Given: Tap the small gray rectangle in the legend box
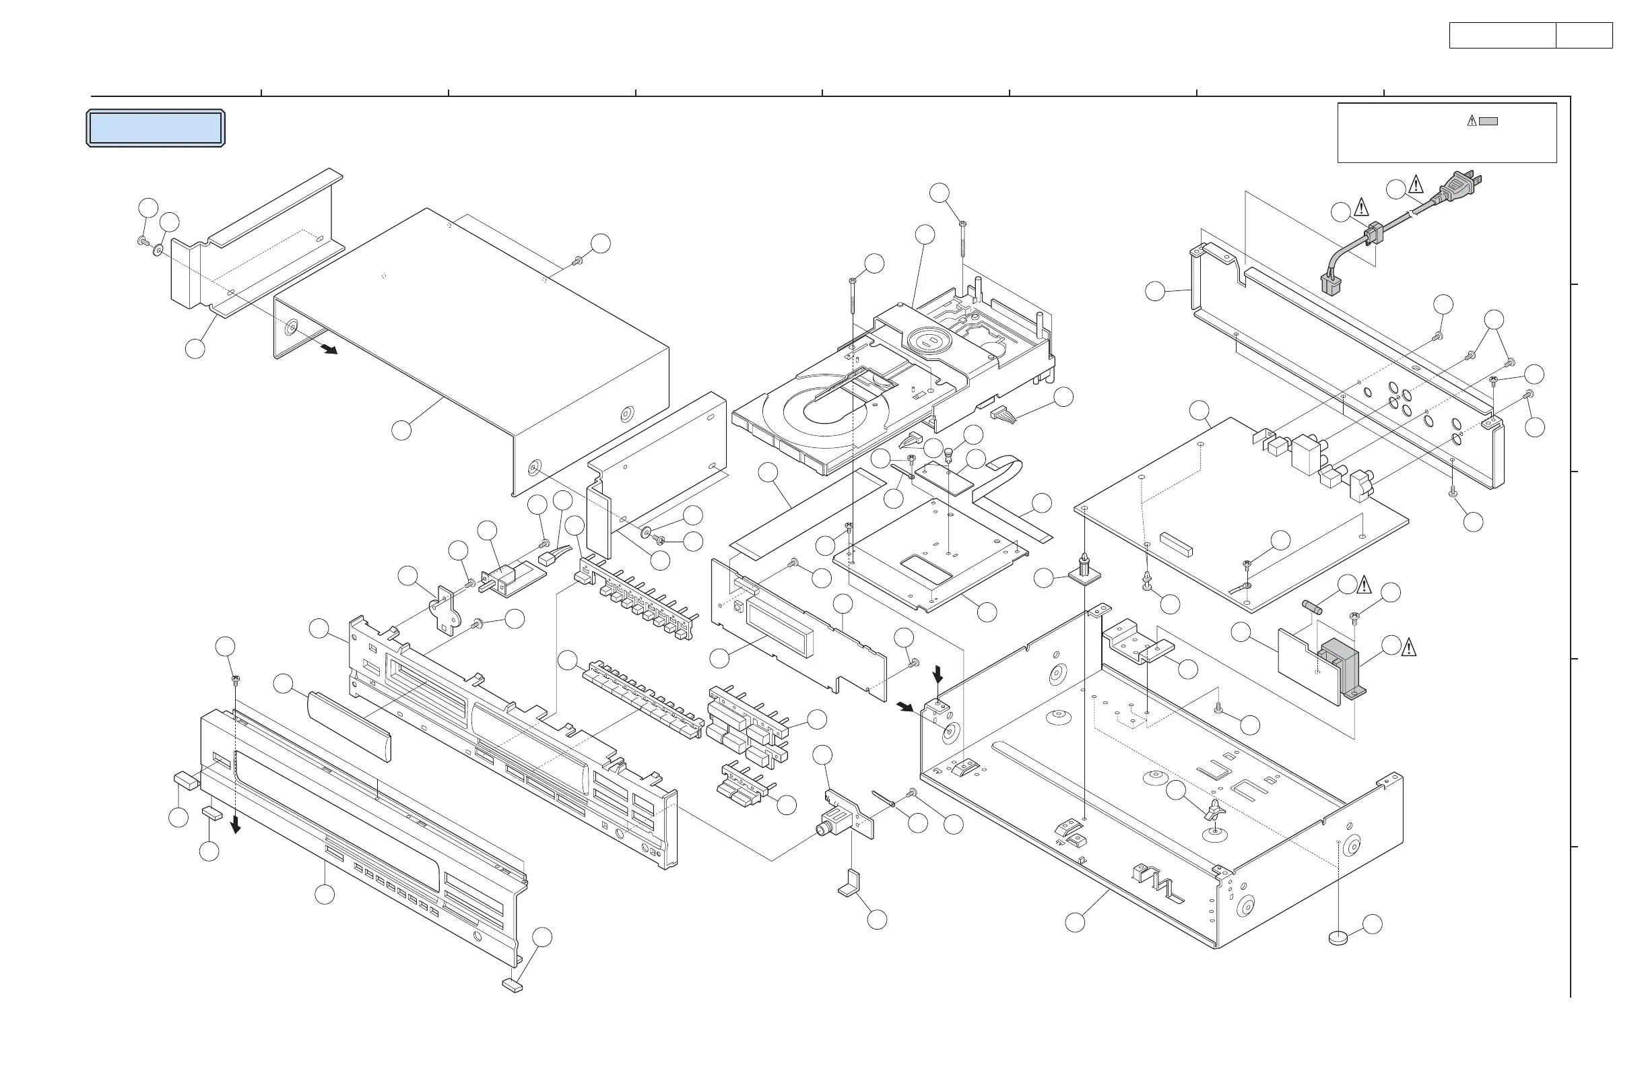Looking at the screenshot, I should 1488,121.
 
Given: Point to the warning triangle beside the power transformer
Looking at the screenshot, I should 1408,647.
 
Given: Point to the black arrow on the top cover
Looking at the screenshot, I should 329,349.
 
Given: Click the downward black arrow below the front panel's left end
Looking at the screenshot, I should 236,824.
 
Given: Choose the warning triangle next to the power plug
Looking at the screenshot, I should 1416,185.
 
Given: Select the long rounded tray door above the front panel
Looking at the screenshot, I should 348,724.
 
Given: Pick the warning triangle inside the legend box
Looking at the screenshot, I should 1471,121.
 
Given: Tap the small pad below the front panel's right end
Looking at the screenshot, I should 512,987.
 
